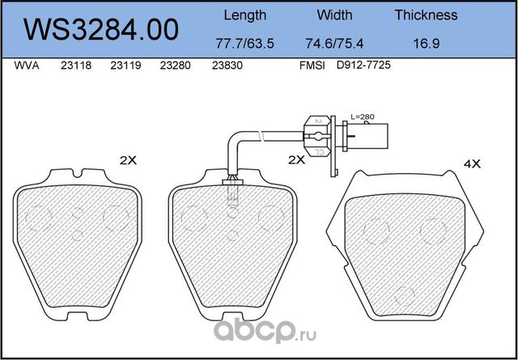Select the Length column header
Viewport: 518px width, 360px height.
244,15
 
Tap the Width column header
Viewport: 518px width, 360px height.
334,15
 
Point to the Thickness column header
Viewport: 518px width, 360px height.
427,15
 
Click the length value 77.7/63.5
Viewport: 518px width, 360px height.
244,41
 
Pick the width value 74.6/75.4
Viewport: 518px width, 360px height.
334,41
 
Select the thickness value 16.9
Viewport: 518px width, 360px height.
427,41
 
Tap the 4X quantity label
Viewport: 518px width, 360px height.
472,163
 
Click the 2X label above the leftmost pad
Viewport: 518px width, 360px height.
128,160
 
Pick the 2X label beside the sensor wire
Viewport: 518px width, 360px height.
296,160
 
